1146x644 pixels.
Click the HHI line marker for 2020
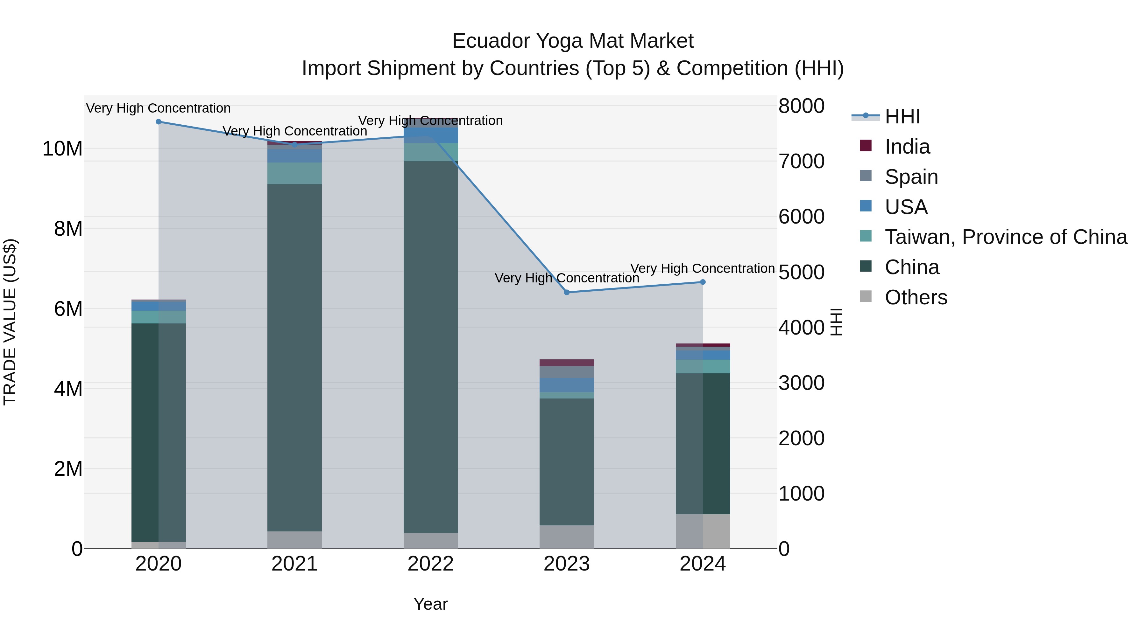click(x=159, y=122)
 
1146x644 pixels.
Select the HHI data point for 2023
click(x=567, y=293)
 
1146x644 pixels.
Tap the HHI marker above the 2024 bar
click(x=703, y=282)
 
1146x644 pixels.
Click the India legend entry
click(x=907, y=147)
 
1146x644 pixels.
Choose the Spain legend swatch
click(x=866, y=176)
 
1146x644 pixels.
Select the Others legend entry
click(x=916, y=297)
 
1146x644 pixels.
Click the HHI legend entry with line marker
click(x=902, y=116)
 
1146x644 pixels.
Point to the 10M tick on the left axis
click(x=62, y=149)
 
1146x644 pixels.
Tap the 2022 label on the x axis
click(x=431, y=564)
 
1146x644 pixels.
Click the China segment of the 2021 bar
click(x=294, y=356)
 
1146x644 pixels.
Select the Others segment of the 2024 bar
click(x=703, y=531)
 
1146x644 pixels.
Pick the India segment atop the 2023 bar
click(x=567, y=363)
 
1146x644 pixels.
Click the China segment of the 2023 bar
click(x=567, y=462)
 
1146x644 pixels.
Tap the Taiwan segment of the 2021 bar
click(x=294, y=173)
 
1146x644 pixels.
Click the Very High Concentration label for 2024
click(x=703, y=268)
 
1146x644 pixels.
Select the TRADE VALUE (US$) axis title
click(x=10, y=322)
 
